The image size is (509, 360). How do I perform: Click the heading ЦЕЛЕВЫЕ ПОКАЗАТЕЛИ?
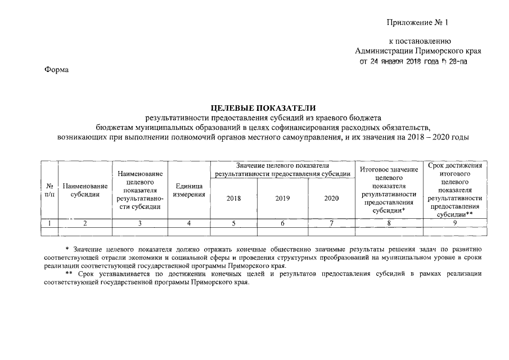263,107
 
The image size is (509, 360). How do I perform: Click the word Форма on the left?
56,70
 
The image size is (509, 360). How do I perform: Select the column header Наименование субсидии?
85,190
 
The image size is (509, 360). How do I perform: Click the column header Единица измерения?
189,190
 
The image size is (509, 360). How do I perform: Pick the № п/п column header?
51,190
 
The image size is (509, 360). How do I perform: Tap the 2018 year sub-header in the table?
233,199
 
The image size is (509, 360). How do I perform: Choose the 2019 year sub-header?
282,199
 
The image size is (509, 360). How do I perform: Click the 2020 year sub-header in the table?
332,199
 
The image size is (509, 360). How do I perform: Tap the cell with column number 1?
51,223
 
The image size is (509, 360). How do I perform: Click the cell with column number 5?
233,223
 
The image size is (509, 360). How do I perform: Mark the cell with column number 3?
140,223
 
